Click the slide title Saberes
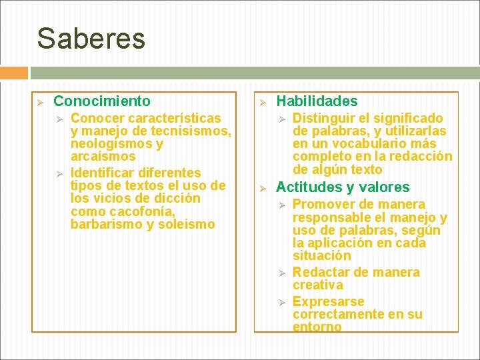click(x=91, y=39)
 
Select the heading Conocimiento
click(x=102, y=101)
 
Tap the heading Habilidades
click(x=317, y=101)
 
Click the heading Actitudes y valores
click(x=343, y=187)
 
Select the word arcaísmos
click(x=103, y=157)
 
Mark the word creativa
click(x=318, y=285)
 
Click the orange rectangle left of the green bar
click(x=14, y=73)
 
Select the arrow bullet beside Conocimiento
click(x=39, y=102)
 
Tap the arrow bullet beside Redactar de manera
click(x=281, y=273)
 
